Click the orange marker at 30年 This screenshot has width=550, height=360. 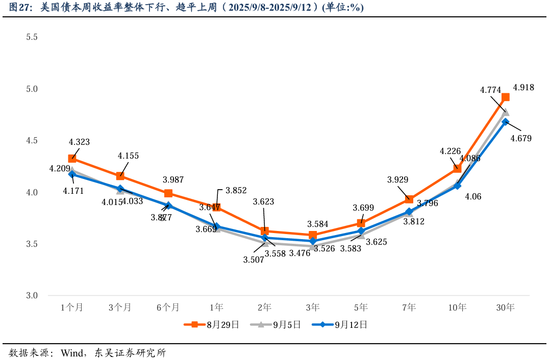click(506, 97)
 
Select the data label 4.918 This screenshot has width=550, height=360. click(523, 87)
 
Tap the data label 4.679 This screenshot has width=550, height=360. click(521, 138)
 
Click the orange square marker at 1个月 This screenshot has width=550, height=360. click(72, 159)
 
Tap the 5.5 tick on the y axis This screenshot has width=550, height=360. click(32, 37)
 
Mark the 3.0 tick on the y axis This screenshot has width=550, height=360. click(32, 296)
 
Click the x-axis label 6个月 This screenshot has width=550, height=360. click(168, 307)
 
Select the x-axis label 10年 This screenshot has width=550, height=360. click(457, 307)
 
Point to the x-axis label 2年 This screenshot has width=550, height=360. click(264, 307)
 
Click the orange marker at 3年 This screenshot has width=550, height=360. click(313, 235)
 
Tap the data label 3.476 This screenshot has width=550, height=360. click(299, 252)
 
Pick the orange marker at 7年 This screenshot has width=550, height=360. click(409, 199)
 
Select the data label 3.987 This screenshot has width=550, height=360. click(173, 179)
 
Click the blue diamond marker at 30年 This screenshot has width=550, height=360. click(506, 122)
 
